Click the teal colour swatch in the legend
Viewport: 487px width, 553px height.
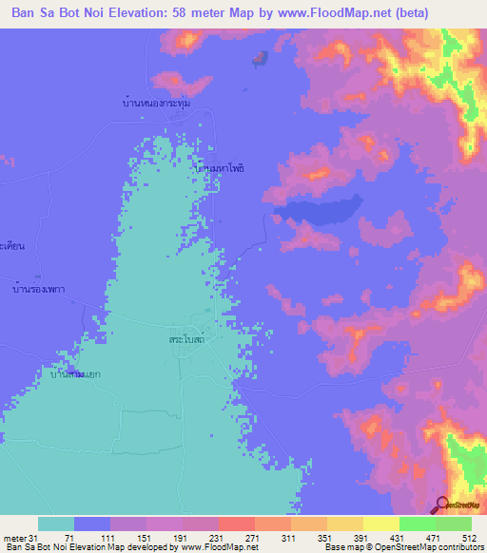click(x=56, y=524)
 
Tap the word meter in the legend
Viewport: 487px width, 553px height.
click(x=12, y=538)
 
